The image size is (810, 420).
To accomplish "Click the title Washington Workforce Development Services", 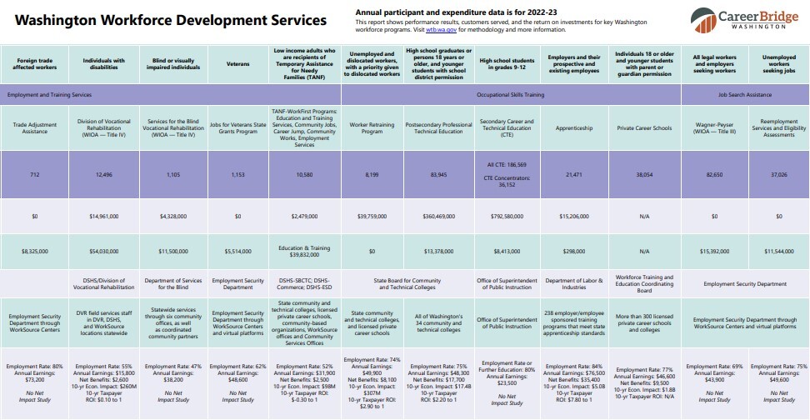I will [171, 21].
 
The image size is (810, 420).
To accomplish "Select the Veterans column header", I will [237, 63].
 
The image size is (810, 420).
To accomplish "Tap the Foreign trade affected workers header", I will [35, 63].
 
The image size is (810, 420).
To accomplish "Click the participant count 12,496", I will [103, 176].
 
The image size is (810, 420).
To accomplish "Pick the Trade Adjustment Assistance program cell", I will [35, 128].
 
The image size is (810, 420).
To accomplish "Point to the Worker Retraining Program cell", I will [372, 128].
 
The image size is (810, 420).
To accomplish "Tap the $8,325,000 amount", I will [35, 250].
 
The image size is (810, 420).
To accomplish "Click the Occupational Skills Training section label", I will [510, 95].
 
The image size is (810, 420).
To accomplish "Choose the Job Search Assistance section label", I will [746, 95].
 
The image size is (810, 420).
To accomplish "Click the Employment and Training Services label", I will [49, 95].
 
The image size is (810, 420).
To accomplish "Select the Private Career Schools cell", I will [643, 128].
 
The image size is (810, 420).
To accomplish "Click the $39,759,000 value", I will [372, 216].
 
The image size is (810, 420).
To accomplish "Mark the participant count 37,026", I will [778, 176].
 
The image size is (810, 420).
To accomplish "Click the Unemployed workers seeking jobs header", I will [778, 63].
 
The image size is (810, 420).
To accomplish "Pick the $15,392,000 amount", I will [714, 250].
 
